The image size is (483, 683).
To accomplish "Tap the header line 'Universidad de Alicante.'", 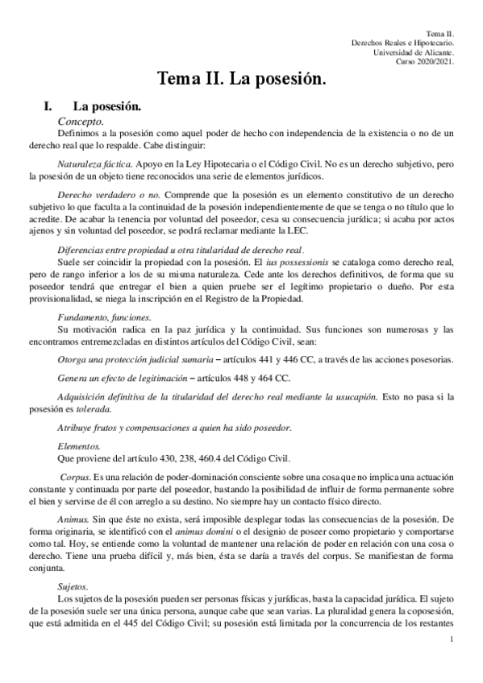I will [414, 52].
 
